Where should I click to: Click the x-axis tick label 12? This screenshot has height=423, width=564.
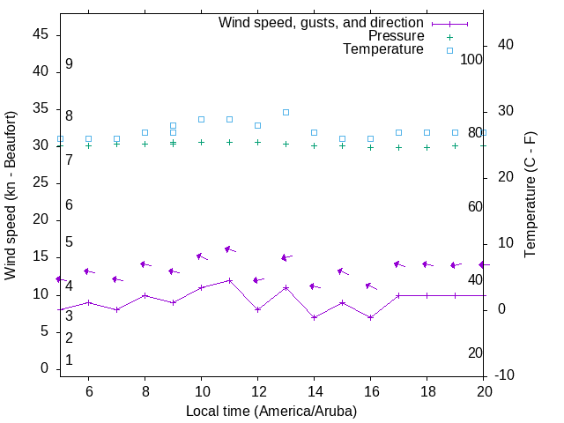(x=257, y=391)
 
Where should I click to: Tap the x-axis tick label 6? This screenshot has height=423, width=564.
(x=88, y=391)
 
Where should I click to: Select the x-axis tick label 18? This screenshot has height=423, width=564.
(x=427, y=391)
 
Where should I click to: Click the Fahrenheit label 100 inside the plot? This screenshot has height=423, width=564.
(x=471, y=59)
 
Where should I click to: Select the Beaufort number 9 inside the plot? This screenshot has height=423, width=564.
(x=69, y=64)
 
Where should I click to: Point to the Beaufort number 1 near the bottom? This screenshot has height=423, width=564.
(x=69, y=360)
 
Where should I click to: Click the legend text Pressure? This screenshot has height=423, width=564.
(x=396, y=36)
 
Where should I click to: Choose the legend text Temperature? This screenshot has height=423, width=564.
(x=383, y=49)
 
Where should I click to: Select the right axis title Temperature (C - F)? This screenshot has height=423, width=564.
(x=531, y=196)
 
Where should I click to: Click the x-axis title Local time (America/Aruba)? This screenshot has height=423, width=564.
(x=271, y=411)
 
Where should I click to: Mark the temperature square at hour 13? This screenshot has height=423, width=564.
(x=286, y=112)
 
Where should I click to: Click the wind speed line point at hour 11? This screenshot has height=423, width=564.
(x=229, y=280)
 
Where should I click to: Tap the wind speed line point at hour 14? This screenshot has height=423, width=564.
(x=314, y=317)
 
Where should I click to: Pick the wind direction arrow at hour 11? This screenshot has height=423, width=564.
(x=229, y=249)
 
